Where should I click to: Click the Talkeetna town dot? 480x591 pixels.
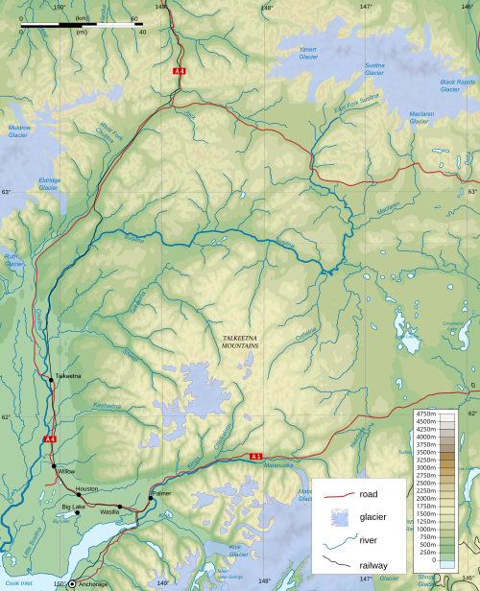tap(52, 380)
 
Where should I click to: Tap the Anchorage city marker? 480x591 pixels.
tap(72, 583)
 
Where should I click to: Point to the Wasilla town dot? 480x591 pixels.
tap(119, 507)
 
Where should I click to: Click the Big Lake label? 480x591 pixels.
tap(74, 506)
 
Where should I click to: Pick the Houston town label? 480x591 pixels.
tap(86, 488)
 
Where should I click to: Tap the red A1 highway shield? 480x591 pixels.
tap(256, 456)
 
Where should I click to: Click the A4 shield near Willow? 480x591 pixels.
tap(50, 439)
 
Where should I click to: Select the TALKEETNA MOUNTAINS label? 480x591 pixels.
tap(240, 341)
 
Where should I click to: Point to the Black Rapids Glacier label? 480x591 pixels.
tap(457, 84)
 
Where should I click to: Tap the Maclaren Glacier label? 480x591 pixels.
tap(421, 118)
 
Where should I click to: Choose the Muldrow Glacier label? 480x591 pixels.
tap(18, 130)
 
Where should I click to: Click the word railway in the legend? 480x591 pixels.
tap(375, 565)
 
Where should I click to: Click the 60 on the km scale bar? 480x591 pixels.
tap(133, 19)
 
